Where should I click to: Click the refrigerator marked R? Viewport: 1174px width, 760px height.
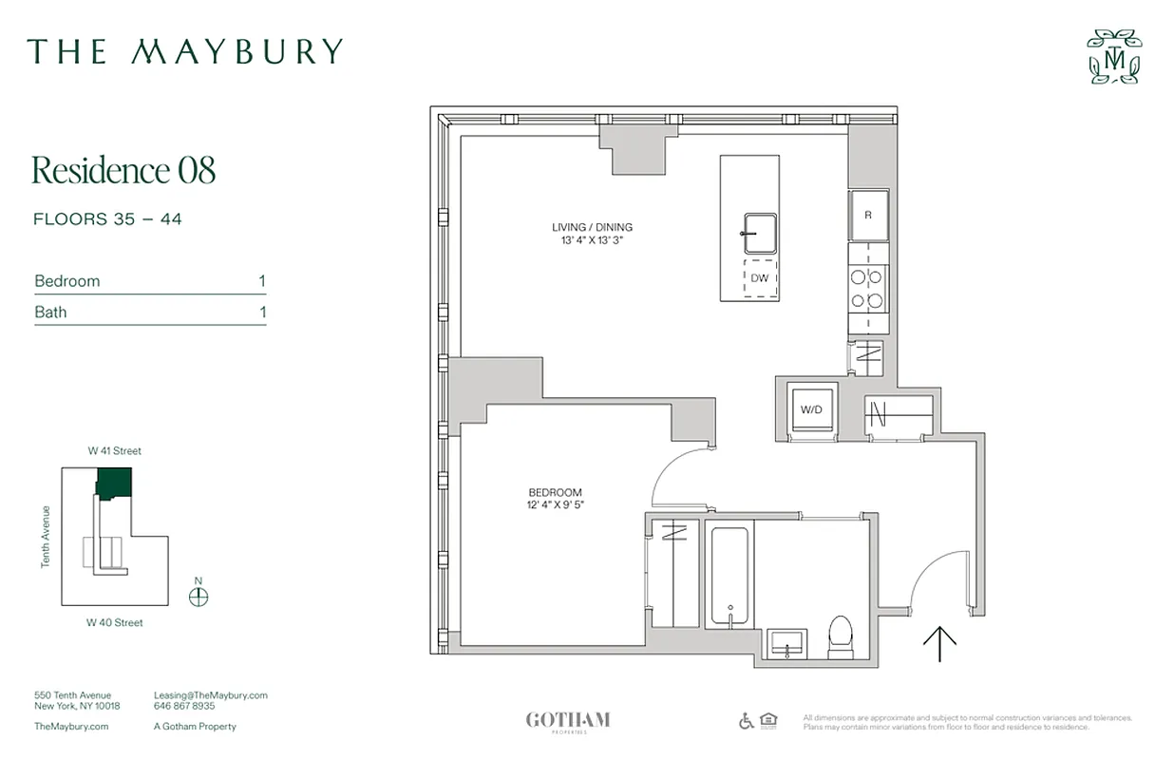coord(868,215)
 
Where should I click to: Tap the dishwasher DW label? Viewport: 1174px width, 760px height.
coord(759,278)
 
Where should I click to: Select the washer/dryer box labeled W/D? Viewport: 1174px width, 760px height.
coord(812,409)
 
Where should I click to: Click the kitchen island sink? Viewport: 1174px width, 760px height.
coord(760,233)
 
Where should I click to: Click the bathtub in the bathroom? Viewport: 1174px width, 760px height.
coord(729,575)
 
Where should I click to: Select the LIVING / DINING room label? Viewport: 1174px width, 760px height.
coord(592,227)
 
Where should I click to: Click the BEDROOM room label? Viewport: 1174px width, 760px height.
coord(555,492)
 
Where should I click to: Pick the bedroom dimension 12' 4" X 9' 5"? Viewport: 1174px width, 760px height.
coord(555,505)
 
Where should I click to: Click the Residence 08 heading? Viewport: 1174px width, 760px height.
coord(123,170)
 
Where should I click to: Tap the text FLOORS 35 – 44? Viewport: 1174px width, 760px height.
coord(107,219)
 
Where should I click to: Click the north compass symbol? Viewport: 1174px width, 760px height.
coord(199,597)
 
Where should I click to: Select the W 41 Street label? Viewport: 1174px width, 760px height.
coord(114,451)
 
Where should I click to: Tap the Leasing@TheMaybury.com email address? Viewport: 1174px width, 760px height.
coord(210,695)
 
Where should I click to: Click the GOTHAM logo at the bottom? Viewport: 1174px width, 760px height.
coord(567,720)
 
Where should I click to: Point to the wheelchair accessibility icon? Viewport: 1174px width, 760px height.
coord(746,721)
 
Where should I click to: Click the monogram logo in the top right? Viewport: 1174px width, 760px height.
coord(1114,57)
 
